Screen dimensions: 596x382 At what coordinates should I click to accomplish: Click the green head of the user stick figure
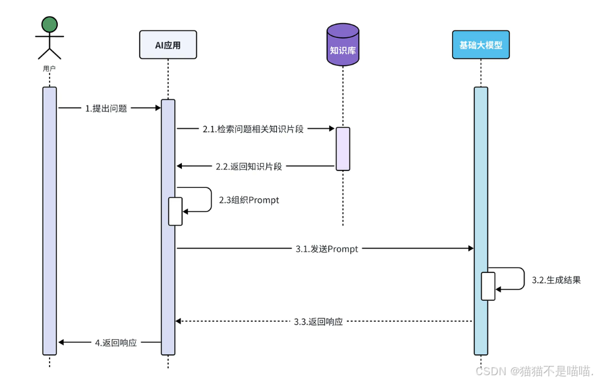click(x=50, y=24)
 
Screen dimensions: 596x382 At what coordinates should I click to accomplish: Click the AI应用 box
click(x=168, y=45)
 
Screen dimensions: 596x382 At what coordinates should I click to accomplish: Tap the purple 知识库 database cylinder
click(x=343, y=45)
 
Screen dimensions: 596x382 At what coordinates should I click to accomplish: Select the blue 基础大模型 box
click(x=481, y=45)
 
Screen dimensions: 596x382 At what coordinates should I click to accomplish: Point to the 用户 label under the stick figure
click(x=50, y=68)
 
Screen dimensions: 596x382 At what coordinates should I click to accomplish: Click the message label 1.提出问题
click(x=106, y=109)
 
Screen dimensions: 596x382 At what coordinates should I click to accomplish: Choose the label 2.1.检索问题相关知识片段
click(x=253, y=129)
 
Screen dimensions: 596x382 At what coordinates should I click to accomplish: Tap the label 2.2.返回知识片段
click(x=249, y=166)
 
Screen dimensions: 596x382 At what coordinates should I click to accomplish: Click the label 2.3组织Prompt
click(x=249, y=200)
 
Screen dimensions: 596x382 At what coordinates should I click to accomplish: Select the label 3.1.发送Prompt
click(x=327, y=249)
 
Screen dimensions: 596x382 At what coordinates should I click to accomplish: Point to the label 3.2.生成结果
click(x=556, y=280)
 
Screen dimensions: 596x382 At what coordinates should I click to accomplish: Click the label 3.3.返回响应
click(x=318, y=322)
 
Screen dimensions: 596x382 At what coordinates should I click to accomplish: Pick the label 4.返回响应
click(x=116, y=342)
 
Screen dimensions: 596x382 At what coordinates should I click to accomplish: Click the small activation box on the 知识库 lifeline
click(x=343, y=149)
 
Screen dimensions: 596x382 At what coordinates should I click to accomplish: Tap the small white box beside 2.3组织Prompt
click(x=175, y=211)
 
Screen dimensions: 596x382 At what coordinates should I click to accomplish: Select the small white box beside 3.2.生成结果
click(x=488, y=286)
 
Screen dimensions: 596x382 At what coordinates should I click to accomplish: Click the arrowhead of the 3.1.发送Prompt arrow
click(x=471, y=248)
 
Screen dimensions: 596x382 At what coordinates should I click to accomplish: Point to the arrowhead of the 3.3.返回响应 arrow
click(x=178, y=321)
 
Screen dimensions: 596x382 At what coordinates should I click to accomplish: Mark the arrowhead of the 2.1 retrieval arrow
click(x=332, y=129)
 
